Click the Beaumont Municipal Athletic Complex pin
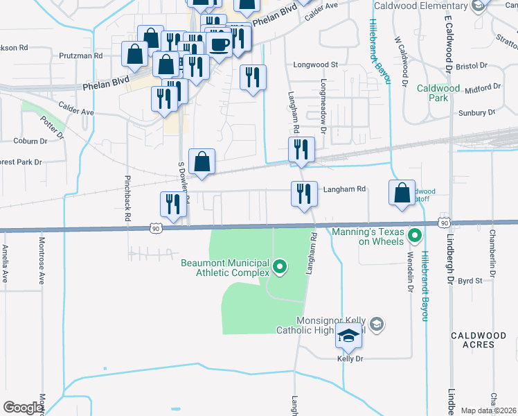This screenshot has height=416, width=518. click(x=280, y=266)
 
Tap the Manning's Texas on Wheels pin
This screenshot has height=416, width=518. click(x=415, y=236)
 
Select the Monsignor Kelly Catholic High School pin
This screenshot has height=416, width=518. click(x=376, y=324)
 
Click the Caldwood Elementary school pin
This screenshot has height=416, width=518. click(x=477, y=6)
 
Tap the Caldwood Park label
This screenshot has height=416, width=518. click(x=438, y=93)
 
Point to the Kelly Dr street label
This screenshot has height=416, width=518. click(x=350, y=358)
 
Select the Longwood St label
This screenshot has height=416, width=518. click(x=315, y=64)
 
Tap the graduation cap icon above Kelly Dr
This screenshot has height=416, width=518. click(x=349, y=337)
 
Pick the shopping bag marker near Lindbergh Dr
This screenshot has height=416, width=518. click(x=402, y=193)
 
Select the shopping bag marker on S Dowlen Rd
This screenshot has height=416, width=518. click(x=202, y=162)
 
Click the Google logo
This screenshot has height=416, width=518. click(x=23, y=408)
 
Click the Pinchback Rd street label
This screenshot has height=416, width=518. click(x=127, y=198)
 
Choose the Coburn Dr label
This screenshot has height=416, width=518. click(x=30, y=141)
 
